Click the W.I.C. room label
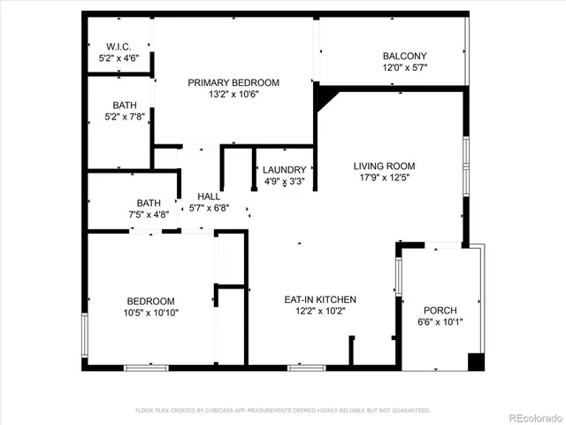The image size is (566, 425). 119,46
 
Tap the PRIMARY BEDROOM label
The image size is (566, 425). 233,82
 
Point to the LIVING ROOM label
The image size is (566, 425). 384,166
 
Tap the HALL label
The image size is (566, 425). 209,197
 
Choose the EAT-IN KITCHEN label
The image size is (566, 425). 319,299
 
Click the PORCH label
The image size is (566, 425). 440,310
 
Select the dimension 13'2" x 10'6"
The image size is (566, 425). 233,95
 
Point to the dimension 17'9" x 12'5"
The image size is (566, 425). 384,177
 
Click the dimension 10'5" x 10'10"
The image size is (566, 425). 149,313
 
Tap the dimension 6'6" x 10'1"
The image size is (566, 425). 440,321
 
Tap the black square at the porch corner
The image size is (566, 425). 476,361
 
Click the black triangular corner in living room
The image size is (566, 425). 325,97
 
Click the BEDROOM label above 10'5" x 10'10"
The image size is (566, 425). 149,301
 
